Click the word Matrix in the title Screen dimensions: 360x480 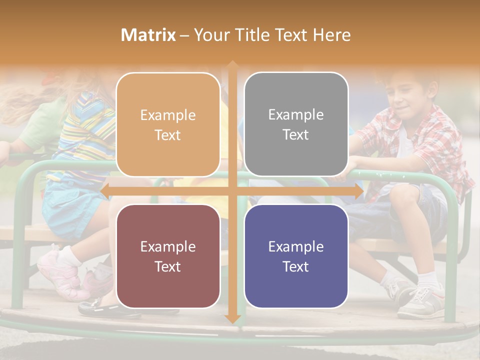coord(148,35)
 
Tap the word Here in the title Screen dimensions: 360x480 coord(331,35)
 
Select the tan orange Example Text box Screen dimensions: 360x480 coord(168,125)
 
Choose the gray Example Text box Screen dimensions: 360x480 coord(296,124)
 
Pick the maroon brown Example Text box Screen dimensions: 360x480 coord(168,256)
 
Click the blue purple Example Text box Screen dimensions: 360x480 coord(296,256)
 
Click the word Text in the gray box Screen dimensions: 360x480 coord(296,135)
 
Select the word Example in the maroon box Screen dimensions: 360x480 coord(168,246)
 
